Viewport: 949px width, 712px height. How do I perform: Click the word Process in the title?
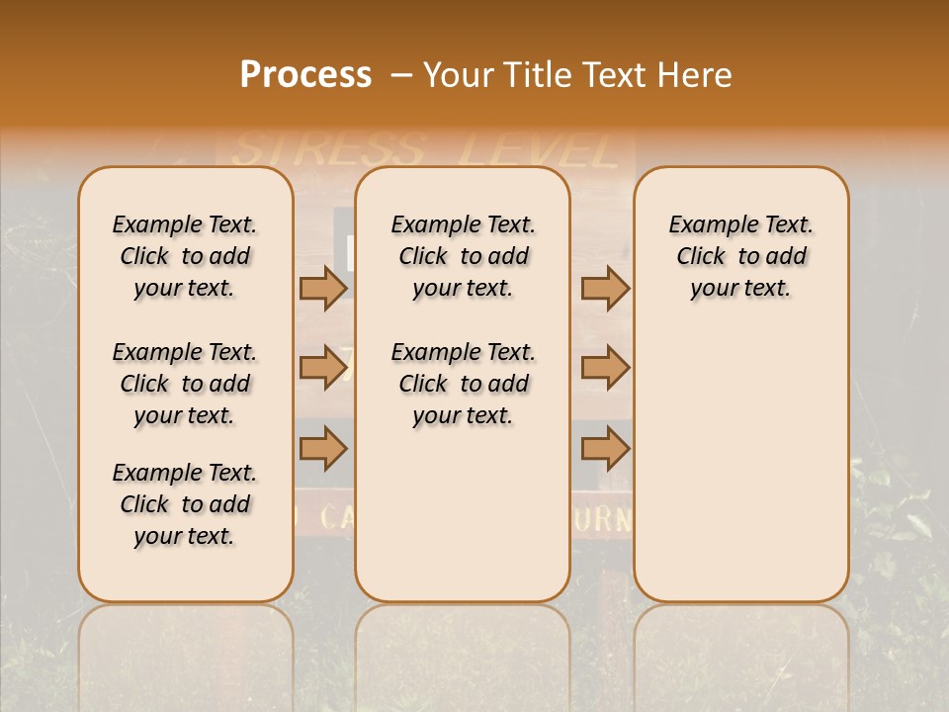tap(305, 75)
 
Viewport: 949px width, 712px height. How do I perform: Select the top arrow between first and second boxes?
tap(323, 288)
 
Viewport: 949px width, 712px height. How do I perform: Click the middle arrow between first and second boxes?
tap(323, 368)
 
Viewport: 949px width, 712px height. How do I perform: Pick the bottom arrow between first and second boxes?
tap(323, 449)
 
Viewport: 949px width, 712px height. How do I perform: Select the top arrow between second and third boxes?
tap(605, 288)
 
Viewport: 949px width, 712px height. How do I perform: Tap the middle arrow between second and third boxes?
tap(605, 368)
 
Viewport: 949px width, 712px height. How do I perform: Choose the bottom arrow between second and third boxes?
tap(605, 449)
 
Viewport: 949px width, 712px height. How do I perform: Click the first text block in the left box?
tap(185, 256)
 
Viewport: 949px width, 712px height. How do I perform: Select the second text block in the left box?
tap(185, 384)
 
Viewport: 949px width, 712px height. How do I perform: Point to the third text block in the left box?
tap(185, 504)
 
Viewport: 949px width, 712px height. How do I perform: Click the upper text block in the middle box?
tap(463, 256)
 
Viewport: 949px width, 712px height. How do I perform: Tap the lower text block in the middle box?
tap(463, 384)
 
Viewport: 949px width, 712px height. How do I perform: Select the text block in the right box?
tap(740, 256)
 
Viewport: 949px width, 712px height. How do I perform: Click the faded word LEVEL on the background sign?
tap(539, 150)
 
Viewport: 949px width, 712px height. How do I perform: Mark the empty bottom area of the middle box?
tap(463, 524)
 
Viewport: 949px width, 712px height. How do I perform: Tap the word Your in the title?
tap(461, 75)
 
